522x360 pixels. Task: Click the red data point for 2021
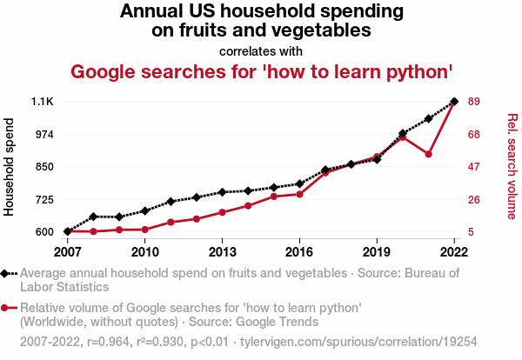pyautogui.click(x=428, y=154)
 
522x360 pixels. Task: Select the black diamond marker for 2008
pyautogui.click(x=93, y=217)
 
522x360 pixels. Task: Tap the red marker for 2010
pyautogui.click(x=144, y=230)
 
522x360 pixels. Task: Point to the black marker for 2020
pyautogui.click(x=403, y=134)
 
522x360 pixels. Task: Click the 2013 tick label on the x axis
pyautogui.click(x=222, y=252)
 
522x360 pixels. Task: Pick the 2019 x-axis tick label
pyautogui.click(x=377, y=252)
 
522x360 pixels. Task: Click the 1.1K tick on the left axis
pyautogui.click(x=43, y=102)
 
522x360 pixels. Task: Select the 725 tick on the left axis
pyautogui.click(x=43, y=199)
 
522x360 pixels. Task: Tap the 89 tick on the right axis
pyautogui.click(x=475, y=102)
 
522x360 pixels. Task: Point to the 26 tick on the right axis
pyautogui.click(x=475, y=199)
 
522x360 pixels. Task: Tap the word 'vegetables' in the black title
pyautogui.click(x=325, y=30)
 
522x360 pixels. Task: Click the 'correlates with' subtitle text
pyautogui.click(x=261, y=50)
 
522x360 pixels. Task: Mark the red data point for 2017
pyautogui.click(x=325, y=173)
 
